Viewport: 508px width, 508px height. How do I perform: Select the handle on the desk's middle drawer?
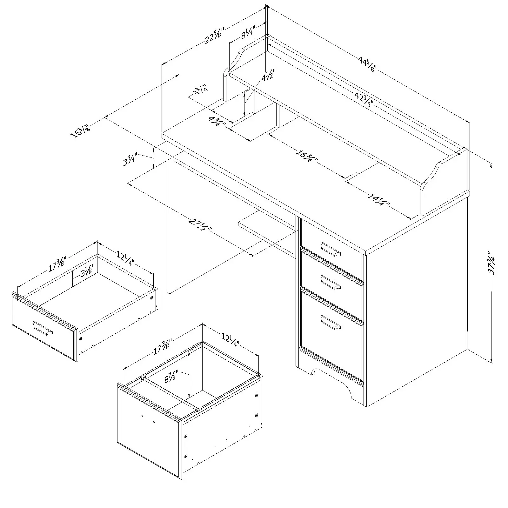click(x=331, y=282)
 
